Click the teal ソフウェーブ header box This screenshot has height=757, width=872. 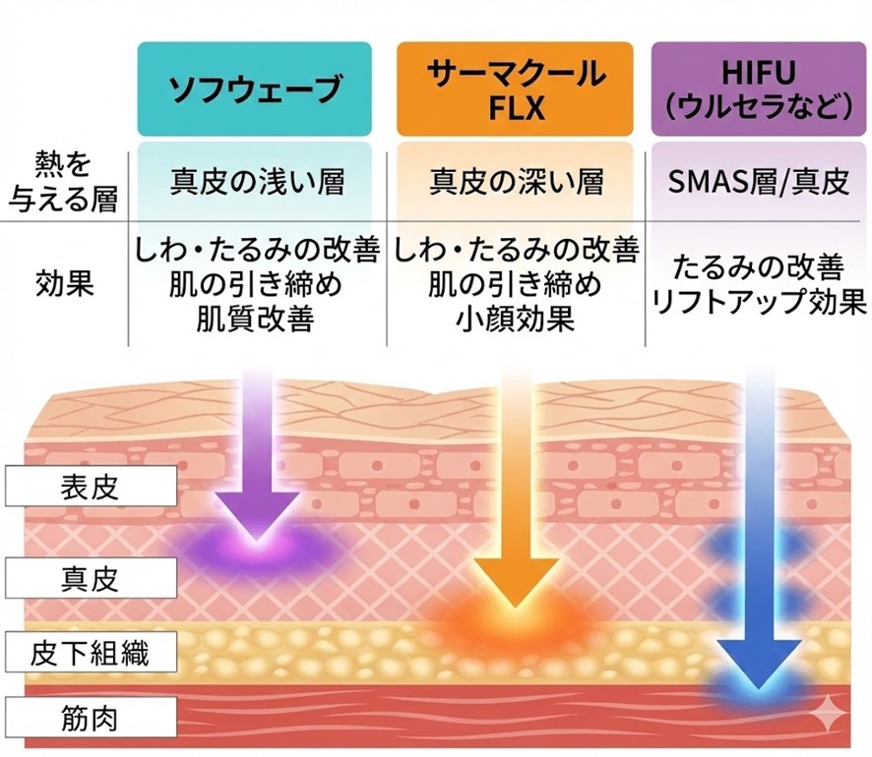[255, 88]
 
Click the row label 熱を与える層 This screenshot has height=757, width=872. [63, 181]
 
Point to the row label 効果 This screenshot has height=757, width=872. [63, 285]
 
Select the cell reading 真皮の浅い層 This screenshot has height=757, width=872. [255, 182]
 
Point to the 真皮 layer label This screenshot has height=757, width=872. [90, 576]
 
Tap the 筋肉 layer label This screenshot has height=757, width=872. [90, 717]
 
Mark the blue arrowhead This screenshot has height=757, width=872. [758, 658]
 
